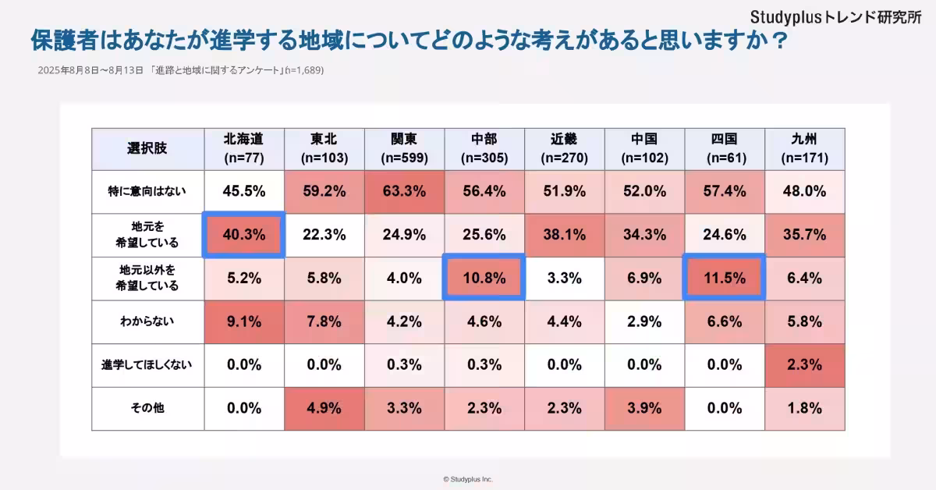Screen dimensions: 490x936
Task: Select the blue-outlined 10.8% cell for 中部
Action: (484, 278)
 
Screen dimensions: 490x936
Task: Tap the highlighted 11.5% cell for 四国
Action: (725, 278)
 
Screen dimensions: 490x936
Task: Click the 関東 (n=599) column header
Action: (403, 148)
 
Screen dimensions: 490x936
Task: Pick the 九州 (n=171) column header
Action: (806, 148)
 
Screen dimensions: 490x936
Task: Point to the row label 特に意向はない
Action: (147, 191)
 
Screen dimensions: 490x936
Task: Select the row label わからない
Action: (147, 321)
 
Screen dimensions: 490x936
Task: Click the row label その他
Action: (147, 408)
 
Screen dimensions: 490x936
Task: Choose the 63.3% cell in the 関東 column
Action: (403, 191)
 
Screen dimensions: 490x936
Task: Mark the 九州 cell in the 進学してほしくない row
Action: (806, 364)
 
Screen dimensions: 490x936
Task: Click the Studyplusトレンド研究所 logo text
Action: (835, 16)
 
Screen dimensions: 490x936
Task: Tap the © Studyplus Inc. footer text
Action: (468, 479)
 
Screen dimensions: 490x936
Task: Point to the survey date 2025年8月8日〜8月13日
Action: (90, 70)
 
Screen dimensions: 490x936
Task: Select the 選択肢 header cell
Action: (147, 148)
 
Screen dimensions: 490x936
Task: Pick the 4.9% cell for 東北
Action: (323, 408)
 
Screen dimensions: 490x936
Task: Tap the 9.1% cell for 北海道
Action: (244, 321)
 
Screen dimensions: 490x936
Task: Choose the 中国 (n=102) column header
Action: (644, 148)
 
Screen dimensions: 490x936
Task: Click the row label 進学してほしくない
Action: (147, 364)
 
